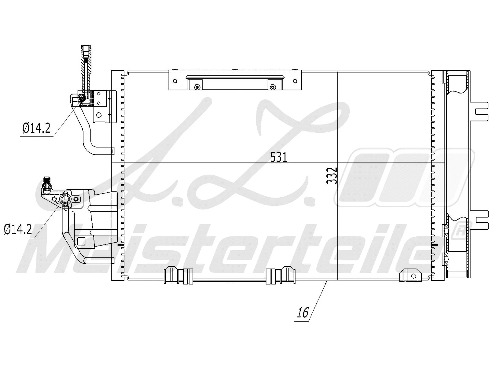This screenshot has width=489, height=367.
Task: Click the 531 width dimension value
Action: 279,157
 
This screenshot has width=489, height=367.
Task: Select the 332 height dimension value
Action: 332,175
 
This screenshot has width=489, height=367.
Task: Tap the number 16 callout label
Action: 303,313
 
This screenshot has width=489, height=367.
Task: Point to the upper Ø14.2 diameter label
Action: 36,128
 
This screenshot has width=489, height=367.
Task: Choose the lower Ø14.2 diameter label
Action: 18,229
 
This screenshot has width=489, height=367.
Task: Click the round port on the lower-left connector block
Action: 65,199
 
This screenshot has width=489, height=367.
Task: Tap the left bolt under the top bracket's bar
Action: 197,87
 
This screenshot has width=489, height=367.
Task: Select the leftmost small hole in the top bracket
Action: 175,81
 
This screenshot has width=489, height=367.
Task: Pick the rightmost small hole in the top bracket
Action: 295,81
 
